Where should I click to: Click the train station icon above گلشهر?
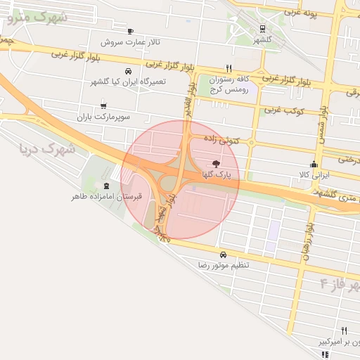[x=262, y=30]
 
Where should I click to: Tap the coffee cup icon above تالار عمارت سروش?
[x=131, y=31]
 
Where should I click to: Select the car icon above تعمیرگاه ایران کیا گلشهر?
[x=128, y=71]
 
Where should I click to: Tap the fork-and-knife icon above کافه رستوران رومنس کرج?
[x=229, y=68]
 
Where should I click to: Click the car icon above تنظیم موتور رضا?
[x=223, y=255]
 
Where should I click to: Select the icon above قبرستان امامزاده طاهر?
[x=106, y=186]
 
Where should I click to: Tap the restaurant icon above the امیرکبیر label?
[x=344, y=330]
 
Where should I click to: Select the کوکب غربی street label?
[x=283, y=110]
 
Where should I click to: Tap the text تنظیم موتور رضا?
[x=224, y=265]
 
